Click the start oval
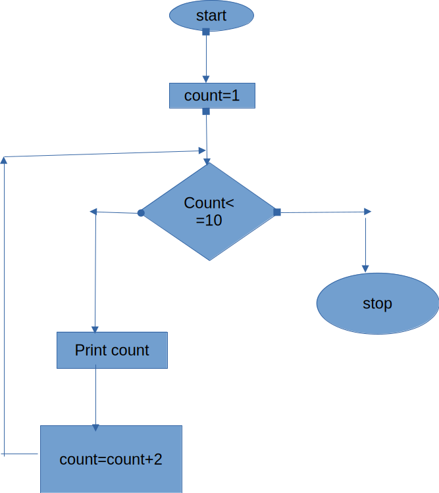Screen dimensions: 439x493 coord(212,16)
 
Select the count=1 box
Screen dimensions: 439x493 coord(212,95)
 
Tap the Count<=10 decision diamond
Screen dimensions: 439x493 coord(209,212)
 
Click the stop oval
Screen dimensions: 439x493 coord(378,304)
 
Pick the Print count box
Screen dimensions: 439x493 coord(112,350)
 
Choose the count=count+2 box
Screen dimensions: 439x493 coord(111,459)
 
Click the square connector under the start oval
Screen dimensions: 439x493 coord(206,32)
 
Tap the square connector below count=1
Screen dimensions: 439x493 coord(206,111)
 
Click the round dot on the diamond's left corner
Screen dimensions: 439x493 coord(141,213)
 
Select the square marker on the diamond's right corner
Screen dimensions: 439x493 coord(277,212)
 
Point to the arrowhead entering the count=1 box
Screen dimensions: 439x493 coord(206,80)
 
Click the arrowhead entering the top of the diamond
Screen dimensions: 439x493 coord(207,162)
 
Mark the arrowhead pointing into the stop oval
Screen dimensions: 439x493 coord(365,269)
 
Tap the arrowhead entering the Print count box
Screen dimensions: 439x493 coord(95,329)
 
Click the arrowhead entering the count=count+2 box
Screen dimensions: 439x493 coord(95,428)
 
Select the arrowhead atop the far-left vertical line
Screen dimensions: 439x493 coord(4,160)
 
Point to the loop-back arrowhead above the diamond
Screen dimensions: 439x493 coord(203,151)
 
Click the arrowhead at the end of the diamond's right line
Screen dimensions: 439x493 coord(367,212)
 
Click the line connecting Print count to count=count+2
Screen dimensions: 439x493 coord(95,398)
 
